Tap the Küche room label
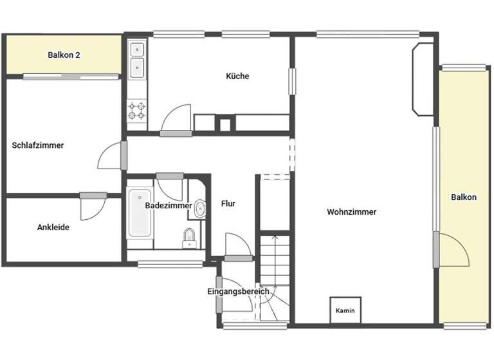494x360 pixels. [x=237, y=76]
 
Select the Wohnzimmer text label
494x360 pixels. [x=351, y=212]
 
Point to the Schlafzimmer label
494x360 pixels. [x=38, y=145]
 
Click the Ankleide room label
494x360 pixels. [x=53, y=227]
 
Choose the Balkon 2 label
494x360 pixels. [x=64, y=55]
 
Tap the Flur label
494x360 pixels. [x=228, y=204]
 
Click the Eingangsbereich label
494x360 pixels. [x=238, y=291]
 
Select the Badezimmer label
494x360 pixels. [x=168, y=206]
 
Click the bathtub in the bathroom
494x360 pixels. [x=140, y=212]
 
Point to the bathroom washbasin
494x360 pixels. [x=200, y=208]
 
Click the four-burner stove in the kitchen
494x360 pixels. [x=136, y=111]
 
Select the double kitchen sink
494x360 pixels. [x=136, y=59]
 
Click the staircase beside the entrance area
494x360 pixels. [x=275, y=270]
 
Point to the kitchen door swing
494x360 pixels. [x=174, y=119]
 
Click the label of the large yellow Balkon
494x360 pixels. [x=463, y=197]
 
